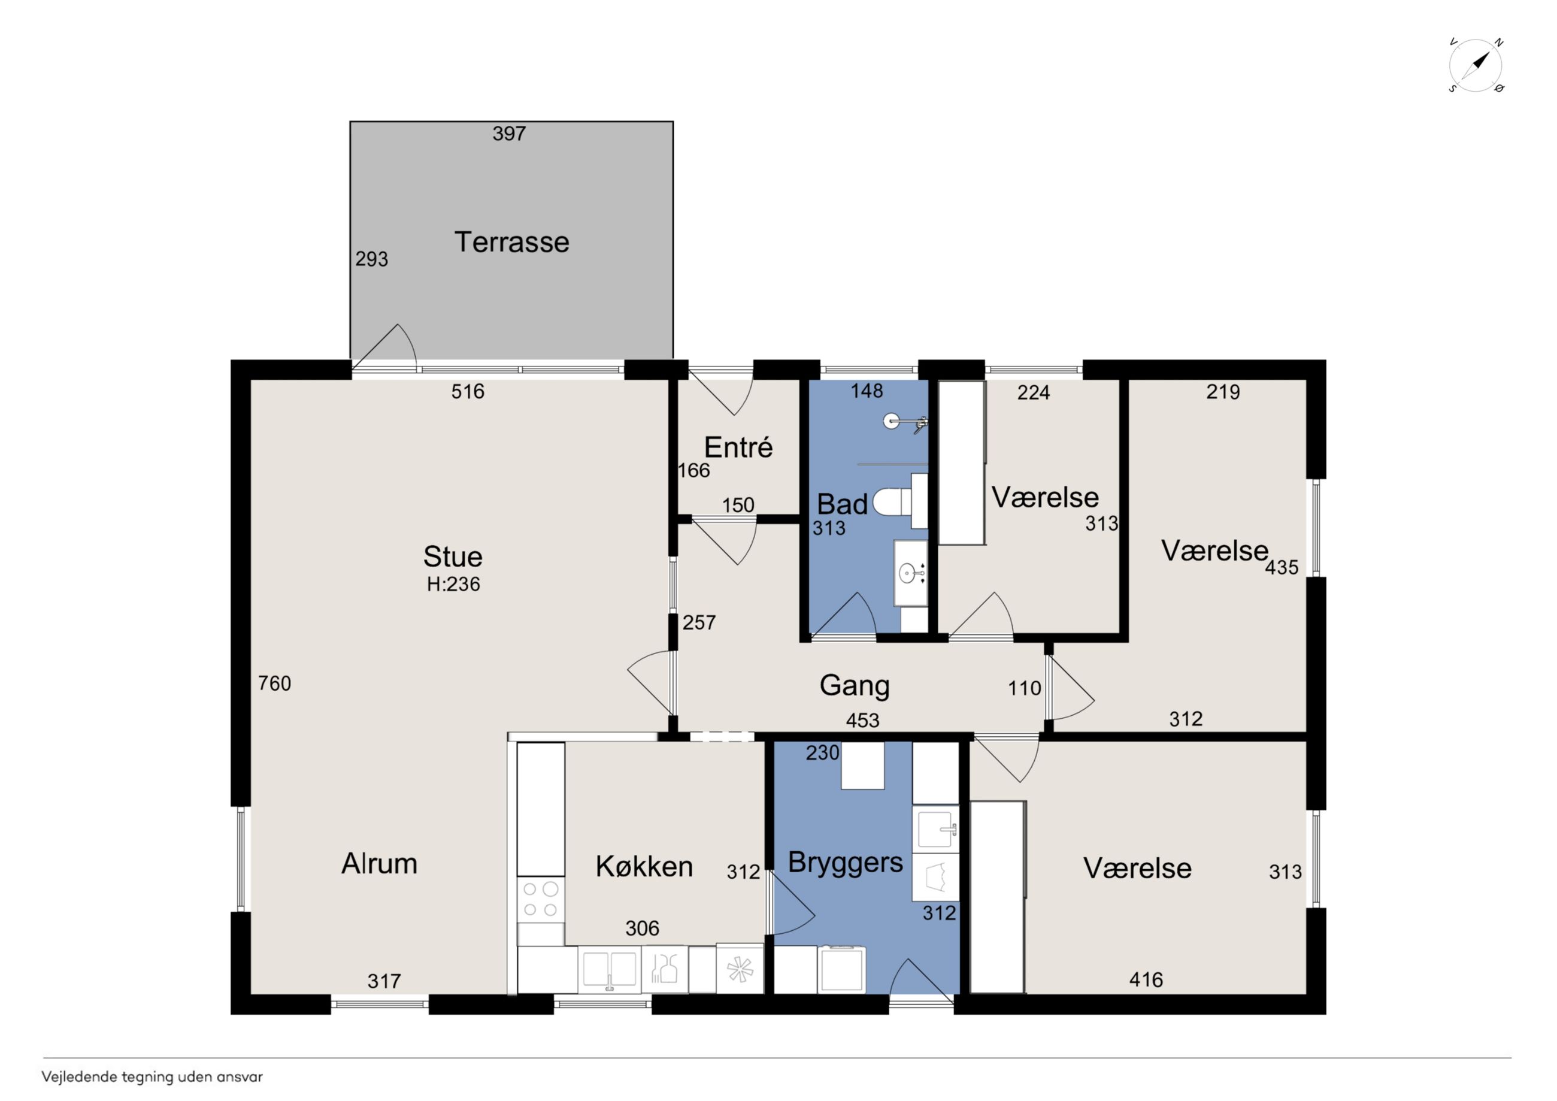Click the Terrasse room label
click(511, 242)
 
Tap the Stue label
click(452, 557)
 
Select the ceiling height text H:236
click(453, 584)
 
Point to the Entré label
click(738, 447)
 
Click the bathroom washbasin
click(910, 573)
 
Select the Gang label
click(855, 686)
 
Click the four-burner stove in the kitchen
click(541, 900)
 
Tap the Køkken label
click(644, 867)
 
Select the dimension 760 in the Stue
click(275, 683)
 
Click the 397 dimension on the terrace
click(509, 134)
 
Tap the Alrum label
click(379, 864)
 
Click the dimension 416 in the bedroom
click(1146, 979)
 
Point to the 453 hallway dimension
click(862, 721)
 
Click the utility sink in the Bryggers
click(936, 829)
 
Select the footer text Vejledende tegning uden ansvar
click(152, 1076)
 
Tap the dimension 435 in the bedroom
click(1282, 567)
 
